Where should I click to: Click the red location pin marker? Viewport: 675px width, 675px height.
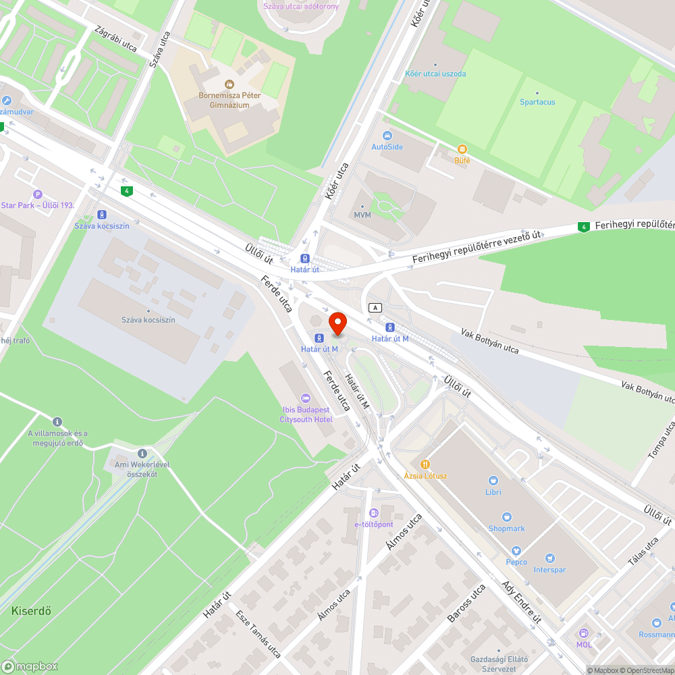click(337, 322)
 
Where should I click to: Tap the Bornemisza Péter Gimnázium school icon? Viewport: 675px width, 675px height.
click(229, 84)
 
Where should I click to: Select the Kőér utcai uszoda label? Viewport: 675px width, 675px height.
click(435, 74)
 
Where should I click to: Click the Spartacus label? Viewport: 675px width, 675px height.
click(537, 102)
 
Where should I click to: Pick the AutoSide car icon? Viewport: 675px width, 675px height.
click(387, 135)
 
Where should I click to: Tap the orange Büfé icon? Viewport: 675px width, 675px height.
click(462, 149)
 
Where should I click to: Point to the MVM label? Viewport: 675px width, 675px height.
click(362, 215)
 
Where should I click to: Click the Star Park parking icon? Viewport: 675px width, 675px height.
click(37, 194)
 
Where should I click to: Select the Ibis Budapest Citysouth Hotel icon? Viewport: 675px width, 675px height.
click(306, 398)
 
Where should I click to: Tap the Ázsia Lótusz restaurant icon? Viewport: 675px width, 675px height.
click(425, 464)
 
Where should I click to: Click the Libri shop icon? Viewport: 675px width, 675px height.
click(493, 481)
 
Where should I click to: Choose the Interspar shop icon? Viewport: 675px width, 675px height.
click(549, 558)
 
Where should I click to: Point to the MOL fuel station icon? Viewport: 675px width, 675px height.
click(584, 633)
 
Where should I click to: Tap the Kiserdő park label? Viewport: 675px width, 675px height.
click(31, 611)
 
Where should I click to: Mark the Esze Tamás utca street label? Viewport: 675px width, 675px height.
click(259, 634)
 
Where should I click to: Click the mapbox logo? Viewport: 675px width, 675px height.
click(30, 666)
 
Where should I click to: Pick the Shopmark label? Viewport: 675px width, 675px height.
click(506, 529)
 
